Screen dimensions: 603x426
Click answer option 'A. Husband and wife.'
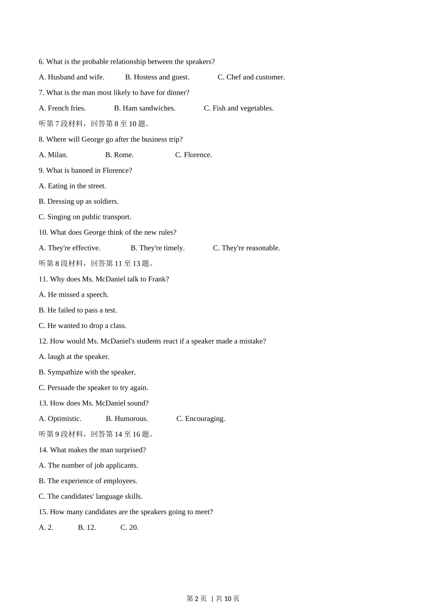[71, 77]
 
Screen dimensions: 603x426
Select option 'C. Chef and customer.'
[251, 77]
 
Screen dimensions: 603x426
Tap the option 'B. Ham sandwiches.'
[144, 108]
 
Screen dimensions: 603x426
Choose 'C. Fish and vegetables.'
[239, 108]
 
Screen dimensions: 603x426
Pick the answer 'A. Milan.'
[53, 155]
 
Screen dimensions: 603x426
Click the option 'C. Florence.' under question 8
[193, 155]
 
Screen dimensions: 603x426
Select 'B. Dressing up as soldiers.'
[78, 201]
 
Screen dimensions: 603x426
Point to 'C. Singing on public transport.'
[85, 217]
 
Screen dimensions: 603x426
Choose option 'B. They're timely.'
[157, 248]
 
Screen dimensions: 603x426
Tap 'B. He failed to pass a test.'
[78, 310]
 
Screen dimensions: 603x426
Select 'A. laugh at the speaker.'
[74, 357]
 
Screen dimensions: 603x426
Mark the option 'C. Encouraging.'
[200, 419]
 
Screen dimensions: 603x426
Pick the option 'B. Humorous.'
[127, 419]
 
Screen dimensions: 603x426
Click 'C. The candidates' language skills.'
[91, 497]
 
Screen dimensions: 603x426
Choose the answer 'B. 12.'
[87, 528]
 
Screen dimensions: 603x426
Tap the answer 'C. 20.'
[130, 528]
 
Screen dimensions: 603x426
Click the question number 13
[43, 403]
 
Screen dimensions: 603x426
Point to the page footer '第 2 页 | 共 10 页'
[213, 598]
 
